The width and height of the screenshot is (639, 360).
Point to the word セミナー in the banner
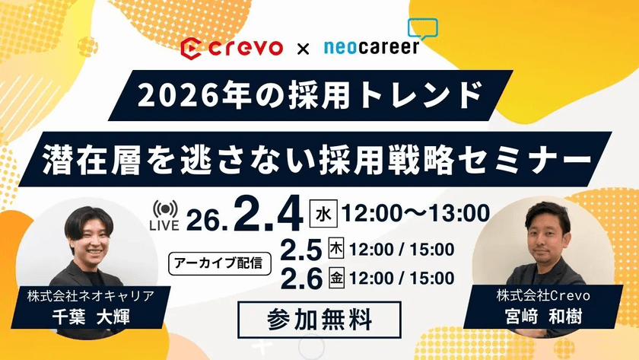click(x=532, y=159)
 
